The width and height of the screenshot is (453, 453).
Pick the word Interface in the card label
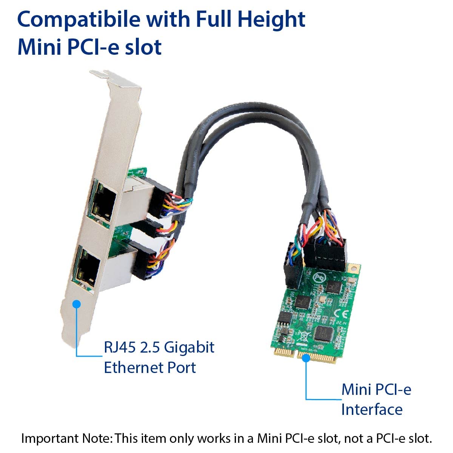pos(371,409)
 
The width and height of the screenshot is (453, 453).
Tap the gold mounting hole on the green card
pos(353,268)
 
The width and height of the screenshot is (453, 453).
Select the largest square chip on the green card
pos(322,332)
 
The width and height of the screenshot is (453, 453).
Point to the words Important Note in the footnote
pos(66,438)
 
